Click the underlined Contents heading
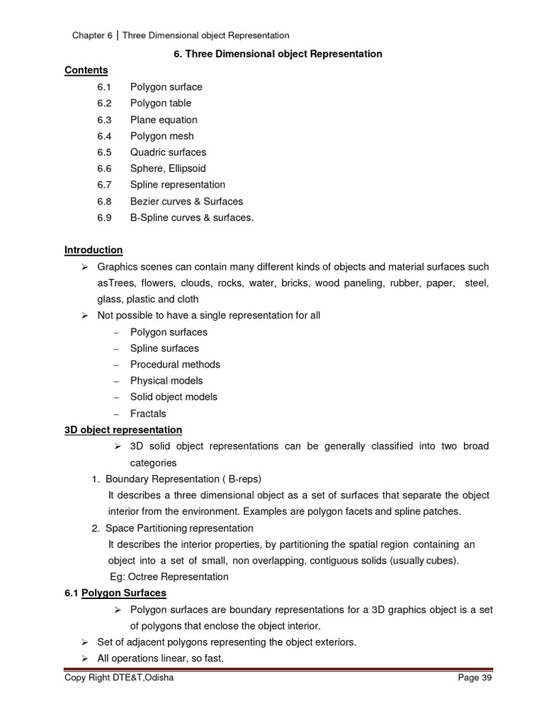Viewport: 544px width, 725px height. [x=86, y=70]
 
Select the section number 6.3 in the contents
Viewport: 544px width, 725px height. [x=105, y=120]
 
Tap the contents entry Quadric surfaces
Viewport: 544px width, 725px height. [x=168, y=152]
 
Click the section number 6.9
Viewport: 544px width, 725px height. [x=105, y=217]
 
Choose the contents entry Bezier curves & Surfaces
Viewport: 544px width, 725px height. [x=186, y=201]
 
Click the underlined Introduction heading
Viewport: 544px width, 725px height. [x=93, y=250]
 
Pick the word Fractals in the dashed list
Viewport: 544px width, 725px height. [x=148, y=413]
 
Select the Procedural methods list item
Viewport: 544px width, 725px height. [x=175, y=365]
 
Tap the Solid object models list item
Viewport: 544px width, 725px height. [x=174, y=397]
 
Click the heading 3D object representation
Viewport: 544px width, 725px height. [x=123, y=430]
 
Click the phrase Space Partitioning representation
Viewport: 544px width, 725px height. [x=179, y=528]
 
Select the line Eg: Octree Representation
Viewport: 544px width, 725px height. [x=169, y=577]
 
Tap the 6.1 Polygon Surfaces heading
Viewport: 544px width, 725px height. [x=115, y=593]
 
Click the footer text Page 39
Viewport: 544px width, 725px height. [x=475, y=678]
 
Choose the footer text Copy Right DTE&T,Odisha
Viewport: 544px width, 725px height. [x=118, y=678]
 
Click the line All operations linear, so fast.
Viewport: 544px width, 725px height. [x=161, y=658]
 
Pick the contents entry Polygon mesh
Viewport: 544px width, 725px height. [x=161, y=136]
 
